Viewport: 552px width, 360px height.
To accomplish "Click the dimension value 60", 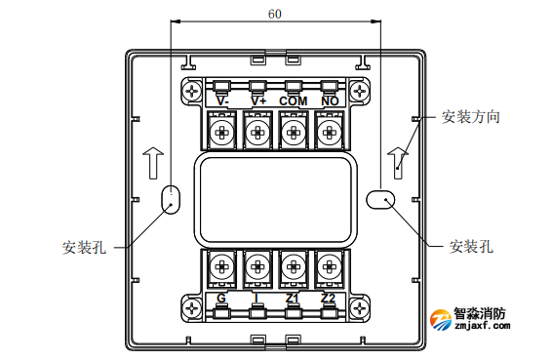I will (x=275, y=14).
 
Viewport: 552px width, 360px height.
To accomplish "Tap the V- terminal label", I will (x=222, y=100).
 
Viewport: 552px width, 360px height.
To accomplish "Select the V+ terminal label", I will (x=258, y=100).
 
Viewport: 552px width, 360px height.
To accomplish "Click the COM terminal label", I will (x=294, y=100).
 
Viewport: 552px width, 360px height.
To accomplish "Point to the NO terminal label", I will (x=330, y=100).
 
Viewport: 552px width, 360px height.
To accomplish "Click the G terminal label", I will (x=222, y=298).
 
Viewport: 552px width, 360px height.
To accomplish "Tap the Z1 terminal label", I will (x=294, y=298).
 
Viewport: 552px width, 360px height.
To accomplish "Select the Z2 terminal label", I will (x=329, y=298).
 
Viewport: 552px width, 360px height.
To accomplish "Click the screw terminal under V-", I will (x=222, y=131).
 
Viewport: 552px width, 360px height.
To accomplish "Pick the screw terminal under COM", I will (x=294, y=131).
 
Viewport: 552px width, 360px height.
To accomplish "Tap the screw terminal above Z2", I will (x=329, y=264).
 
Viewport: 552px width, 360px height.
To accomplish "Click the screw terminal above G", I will (x=222, y=264).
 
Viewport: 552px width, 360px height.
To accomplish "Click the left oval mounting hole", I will (x=171, y=198).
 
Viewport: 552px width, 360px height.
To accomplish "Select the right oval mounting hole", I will (x=380, y=198).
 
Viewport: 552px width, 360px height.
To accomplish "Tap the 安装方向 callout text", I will (x=471, y=117).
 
